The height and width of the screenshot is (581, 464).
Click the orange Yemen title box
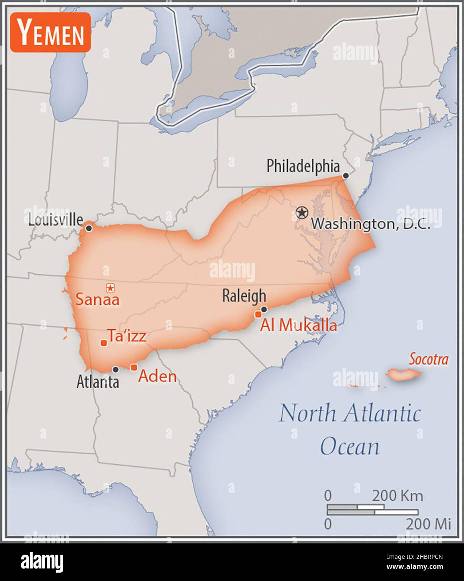point(50,33)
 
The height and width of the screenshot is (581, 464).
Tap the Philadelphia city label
point(303,166)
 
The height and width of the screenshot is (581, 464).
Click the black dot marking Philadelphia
point(346,176)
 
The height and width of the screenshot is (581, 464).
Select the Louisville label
point(55,220)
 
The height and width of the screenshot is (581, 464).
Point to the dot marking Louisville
point(89,228)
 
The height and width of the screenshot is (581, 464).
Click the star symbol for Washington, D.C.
point(301,213)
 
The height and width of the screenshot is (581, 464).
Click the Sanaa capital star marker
point(110,288)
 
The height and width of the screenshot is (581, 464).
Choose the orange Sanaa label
point(97,300)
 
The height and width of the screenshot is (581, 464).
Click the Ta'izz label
point(127,335)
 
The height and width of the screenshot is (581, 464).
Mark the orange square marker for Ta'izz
point(103,343)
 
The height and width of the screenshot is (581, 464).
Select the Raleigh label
point(244,296)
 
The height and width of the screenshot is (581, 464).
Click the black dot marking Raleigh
point(264,309)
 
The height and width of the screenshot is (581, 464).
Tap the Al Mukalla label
point(298,325)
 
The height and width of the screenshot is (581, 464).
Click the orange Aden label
point(157,376)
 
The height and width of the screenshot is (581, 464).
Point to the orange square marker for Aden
point(134,367)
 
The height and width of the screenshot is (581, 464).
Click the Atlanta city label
point(97,382)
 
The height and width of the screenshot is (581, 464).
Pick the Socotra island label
point(428,359)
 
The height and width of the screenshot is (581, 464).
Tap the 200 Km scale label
point(397,496)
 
